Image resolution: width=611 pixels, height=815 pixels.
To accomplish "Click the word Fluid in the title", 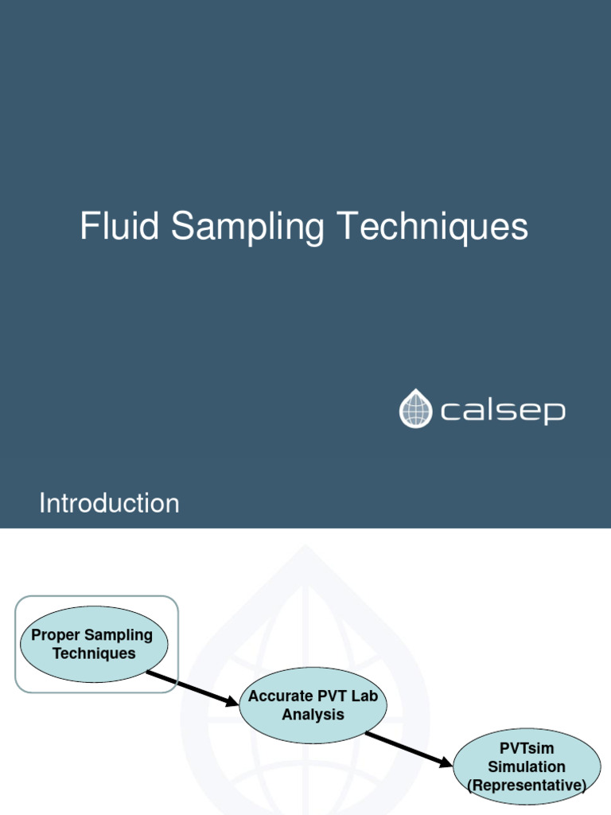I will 121,227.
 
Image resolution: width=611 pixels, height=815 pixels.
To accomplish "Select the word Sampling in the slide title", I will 247,228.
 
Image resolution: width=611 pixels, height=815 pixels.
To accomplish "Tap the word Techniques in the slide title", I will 431,228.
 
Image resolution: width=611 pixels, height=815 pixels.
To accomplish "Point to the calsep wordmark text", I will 502,411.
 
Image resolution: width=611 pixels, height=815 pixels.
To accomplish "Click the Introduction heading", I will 109,503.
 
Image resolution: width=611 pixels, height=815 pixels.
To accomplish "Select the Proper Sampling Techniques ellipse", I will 93,645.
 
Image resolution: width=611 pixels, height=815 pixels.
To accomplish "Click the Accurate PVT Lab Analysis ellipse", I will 313,705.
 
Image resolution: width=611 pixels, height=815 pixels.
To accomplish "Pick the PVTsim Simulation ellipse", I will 527,766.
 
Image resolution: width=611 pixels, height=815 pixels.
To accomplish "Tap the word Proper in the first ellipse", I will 56,635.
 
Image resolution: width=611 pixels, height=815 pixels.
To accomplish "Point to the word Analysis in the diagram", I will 313,715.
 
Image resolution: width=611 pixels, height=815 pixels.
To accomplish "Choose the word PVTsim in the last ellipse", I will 527,749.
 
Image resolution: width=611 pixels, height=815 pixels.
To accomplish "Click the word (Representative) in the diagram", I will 527,786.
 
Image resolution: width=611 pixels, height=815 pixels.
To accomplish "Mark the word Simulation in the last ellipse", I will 527,767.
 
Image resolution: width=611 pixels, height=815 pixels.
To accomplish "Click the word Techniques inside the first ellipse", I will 94,653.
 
